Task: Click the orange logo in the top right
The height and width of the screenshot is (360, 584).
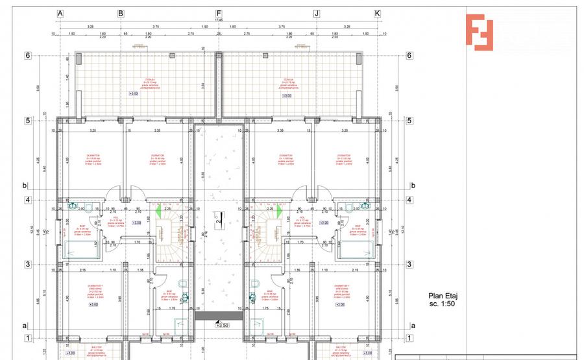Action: pos(479,31)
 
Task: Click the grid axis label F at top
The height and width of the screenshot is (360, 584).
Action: pos(219,13)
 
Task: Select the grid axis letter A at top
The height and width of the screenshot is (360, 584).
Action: pos(60,13)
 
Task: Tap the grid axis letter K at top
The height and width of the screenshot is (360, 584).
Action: pos(377,13)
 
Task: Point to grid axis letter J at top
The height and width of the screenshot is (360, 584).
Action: pos(317,13)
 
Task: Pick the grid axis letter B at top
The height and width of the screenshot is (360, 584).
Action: pos(120,13)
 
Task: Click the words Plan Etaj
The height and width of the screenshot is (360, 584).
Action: pos(441,294)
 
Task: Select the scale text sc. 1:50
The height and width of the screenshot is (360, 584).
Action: pos(441,303)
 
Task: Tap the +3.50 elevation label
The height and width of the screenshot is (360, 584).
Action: pos(223,325)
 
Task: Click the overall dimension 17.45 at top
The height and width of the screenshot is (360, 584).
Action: pos(219,19)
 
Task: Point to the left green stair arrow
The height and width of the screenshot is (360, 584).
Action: pos(158,211)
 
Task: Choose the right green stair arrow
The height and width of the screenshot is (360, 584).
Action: pos(279,211)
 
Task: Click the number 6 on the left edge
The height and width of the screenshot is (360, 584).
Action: pos(28,55)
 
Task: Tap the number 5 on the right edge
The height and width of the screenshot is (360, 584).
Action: pos(409,120)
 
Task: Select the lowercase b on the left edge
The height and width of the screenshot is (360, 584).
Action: pos(25,186)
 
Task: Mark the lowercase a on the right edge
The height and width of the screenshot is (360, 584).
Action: pos(413,325)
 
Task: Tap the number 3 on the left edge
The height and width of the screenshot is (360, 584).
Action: pos(28,264)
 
